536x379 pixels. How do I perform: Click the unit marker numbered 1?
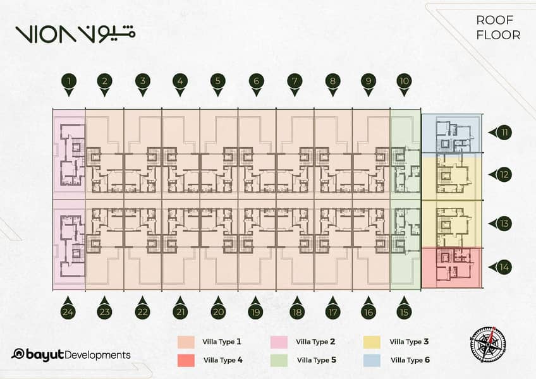[69, 85]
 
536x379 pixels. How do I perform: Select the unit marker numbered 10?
[404, 85]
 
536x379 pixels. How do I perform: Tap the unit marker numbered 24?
[68, 308]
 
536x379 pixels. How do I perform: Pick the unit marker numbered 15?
[404, 308]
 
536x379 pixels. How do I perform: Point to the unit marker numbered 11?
[500, 132]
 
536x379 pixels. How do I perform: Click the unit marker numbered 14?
[500, 267]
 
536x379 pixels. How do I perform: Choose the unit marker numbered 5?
[218, 85]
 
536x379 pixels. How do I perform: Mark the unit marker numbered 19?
[255, 308]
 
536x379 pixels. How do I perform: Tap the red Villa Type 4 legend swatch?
[186, 361]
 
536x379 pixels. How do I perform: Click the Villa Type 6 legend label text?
[410, 360]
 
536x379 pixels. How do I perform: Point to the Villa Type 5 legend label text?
[317, 360]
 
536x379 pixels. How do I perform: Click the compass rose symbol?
[488, 345]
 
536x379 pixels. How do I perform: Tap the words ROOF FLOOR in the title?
[498, 28]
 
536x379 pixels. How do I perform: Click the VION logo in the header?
[75, 34]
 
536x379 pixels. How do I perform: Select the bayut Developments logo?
[71, 355]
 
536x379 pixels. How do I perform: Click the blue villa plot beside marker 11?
[451, 133]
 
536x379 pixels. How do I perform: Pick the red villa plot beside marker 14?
[451, 268]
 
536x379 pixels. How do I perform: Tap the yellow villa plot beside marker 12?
[451, 176]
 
